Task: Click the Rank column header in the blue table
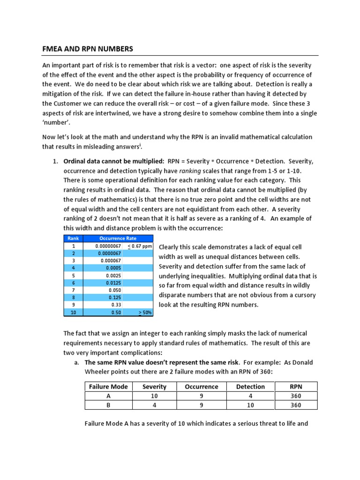point(73,238)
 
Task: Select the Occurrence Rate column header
point(118,238)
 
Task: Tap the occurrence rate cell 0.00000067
point(108,246)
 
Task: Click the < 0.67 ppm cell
point(140,246)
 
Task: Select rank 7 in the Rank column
point(73,290)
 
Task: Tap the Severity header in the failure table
point(155,387)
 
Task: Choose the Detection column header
point(250,387)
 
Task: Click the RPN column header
point(296,387)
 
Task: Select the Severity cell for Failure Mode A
point(155,396)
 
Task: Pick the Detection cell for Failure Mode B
point(250,405)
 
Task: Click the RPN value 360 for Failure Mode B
point(296,405)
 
